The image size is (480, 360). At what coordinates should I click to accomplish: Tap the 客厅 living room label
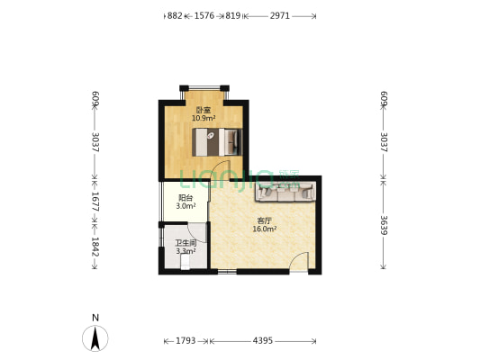tap(265, 220)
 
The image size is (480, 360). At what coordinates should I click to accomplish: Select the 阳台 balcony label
tap(186, 198)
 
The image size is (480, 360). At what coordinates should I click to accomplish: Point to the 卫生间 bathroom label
tap(186, 244)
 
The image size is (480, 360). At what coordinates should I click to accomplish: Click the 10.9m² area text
tap(204, 118)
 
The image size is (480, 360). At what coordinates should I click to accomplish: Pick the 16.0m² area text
tap(265, 229)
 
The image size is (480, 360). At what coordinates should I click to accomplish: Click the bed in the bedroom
tap(217, 142)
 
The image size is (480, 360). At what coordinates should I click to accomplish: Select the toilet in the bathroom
tap(186, 263)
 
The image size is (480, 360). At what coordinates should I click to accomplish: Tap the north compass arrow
tap(95, 338)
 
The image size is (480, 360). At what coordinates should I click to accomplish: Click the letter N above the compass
tap(95, 318)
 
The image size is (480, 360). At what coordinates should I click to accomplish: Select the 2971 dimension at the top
tap(279, 15)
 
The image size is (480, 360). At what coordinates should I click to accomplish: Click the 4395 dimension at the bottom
tap(263, 340)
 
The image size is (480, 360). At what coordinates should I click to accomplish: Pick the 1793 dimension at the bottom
tap(186, 340)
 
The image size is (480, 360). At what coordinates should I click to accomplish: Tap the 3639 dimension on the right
tap(384, 225)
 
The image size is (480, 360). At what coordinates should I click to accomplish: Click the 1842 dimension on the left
tap(95, 247)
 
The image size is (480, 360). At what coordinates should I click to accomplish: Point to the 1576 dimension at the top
tap(204, 15)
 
